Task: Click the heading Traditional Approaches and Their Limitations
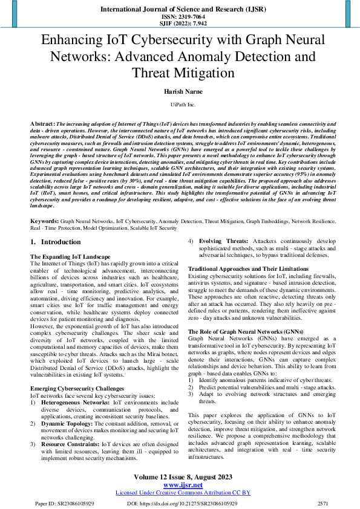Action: tap(249, 268)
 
